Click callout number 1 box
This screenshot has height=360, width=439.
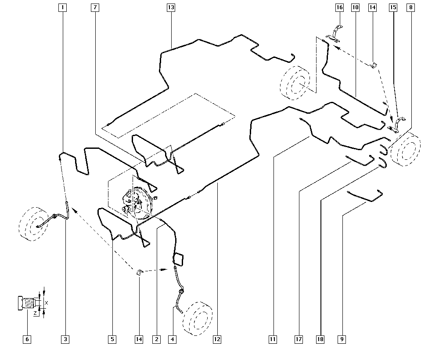(x=63, y=7)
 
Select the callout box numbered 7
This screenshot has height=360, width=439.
(x=95, y=7)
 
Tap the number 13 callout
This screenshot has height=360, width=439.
(x=171, y=7)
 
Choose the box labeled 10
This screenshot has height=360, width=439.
(x=355, y=7)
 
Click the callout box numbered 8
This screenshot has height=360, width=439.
(x=410, y=7)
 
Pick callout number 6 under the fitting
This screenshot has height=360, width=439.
(x=27, y=339)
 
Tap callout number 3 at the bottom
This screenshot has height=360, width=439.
(x=65, y=339)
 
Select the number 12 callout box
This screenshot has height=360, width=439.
(x=216, y=339)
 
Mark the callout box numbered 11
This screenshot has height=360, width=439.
(x=273, y=339)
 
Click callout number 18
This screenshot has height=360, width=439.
(x=320, y=339)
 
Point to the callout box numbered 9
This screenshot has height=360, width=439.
(x=342, y=339)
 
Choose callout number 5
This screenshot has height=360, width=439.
(x=112, y=339)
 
